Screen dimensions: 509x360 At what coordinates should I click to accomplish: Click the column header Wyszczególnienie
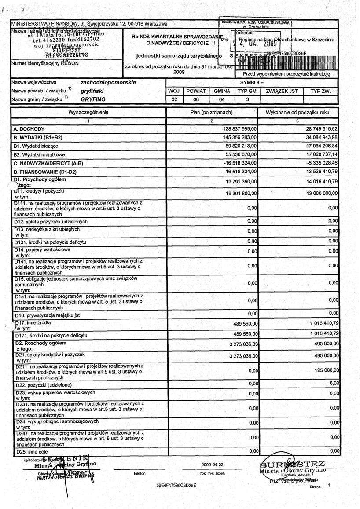tap(88, 113)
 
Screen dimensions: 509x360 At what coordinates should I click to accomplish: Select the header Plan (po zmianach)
tap(211, 113)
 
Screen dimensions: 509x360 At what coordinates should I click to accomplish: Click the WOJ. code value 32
tap(175, 99)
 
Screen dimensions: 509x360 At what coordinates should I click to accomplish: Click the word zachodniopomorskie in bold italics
tap(108, 82)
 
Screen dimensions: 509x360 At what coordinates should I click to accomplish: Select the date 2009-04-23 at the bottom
tap(213, 465)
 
